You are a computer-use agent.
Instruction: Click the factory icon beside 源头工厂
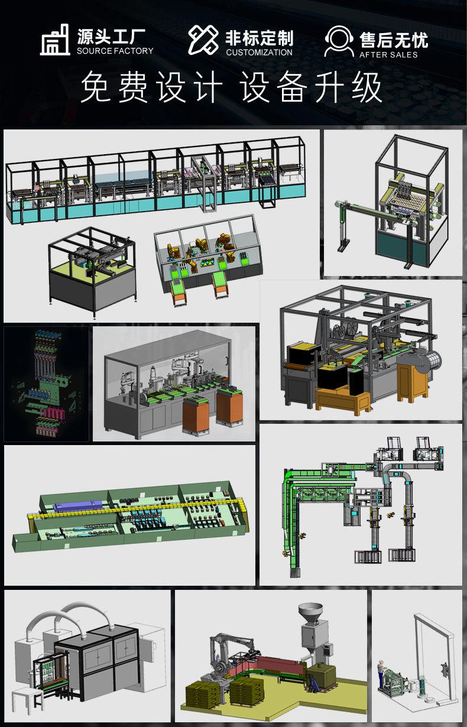[55, 40]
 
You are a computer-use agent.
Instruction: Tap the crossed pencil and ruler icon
[203, 40]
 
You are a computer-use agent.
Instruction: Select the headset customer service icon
[339, 41]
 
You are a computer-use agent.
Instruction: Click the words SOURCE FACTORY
[115, 51]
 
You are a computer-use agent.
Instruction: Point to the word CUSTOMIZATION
[260, 52]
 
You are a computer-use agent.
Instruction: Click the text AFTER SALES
[388, 55]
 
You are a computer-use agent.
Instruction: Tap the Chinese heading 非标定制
[260, 38]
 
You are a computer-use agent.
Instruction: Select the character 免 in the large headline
[96, 87]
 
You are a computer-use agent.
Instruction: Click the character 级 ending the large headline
[367, 87]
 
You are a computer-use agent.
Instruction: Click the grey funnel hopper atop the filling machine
[310, 611]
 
